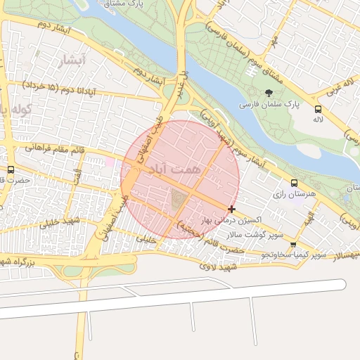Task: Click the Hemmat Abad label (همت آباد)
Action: (175, 169)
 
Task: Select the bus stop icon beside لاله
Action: (319, 110)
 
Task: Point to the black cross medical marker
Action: (232, 209)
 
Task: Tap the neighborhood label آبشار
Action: (72, 59)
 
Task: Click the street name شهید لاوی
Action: (218, 266)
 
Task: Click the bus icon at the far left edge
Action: (10, 170)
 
